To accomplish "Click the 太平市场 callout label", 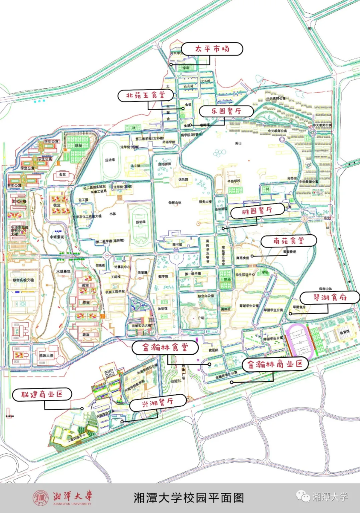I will [x=212, y=49].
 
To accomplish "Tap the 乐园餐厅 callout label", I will [x=226, y=111].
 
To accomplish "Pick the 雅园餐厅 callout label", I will [x=258, y=210].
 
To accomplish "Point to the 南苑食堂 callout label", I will [x=289, y=241].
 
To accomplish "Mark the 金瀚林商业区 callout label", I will [x=275, y=364].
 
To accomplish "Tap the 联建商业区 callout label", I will [x=42, y=395].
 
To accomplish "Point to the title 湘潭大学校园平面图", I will [x=188, y=498].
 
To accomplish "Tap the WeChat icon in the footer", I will [x=304, y=496].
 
